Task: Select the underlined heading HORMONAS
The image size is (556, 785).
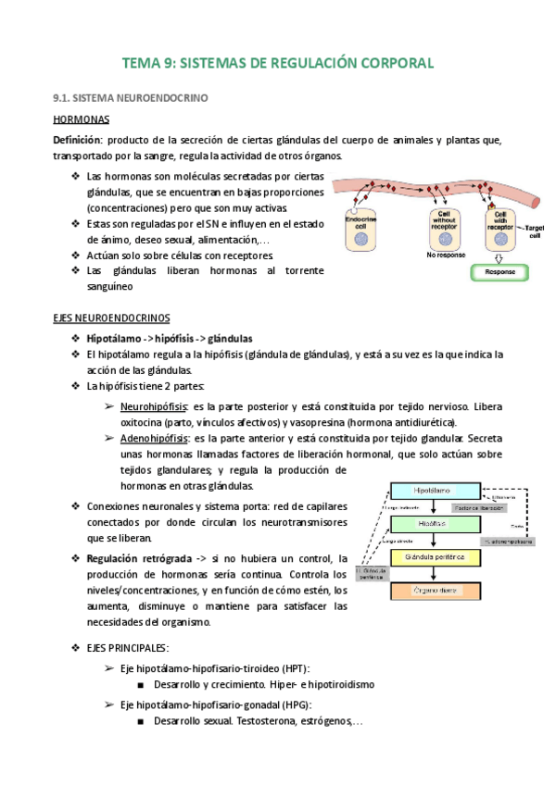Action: pyautogui.click(x=82, y=120)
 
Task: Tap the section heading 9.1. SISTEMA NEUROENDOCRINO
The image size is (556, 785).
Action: pyautogui.click(x=132, y=97)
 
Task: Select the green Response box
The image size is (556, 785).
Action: pyautogui.click(x=500, y=273)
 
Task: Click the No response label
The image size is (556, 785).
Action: pyautogui.click(x=444, y=255)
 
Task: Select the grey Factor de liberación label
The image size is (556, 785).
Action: pyautogui.click(x=479, y=508)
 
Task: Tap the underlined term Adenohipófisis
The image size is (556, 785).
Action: pyautogui.click(x=154, y=438)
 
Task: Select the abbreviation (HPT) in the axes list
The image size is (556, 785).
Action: pyautogui.click(x=296, y=668)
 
